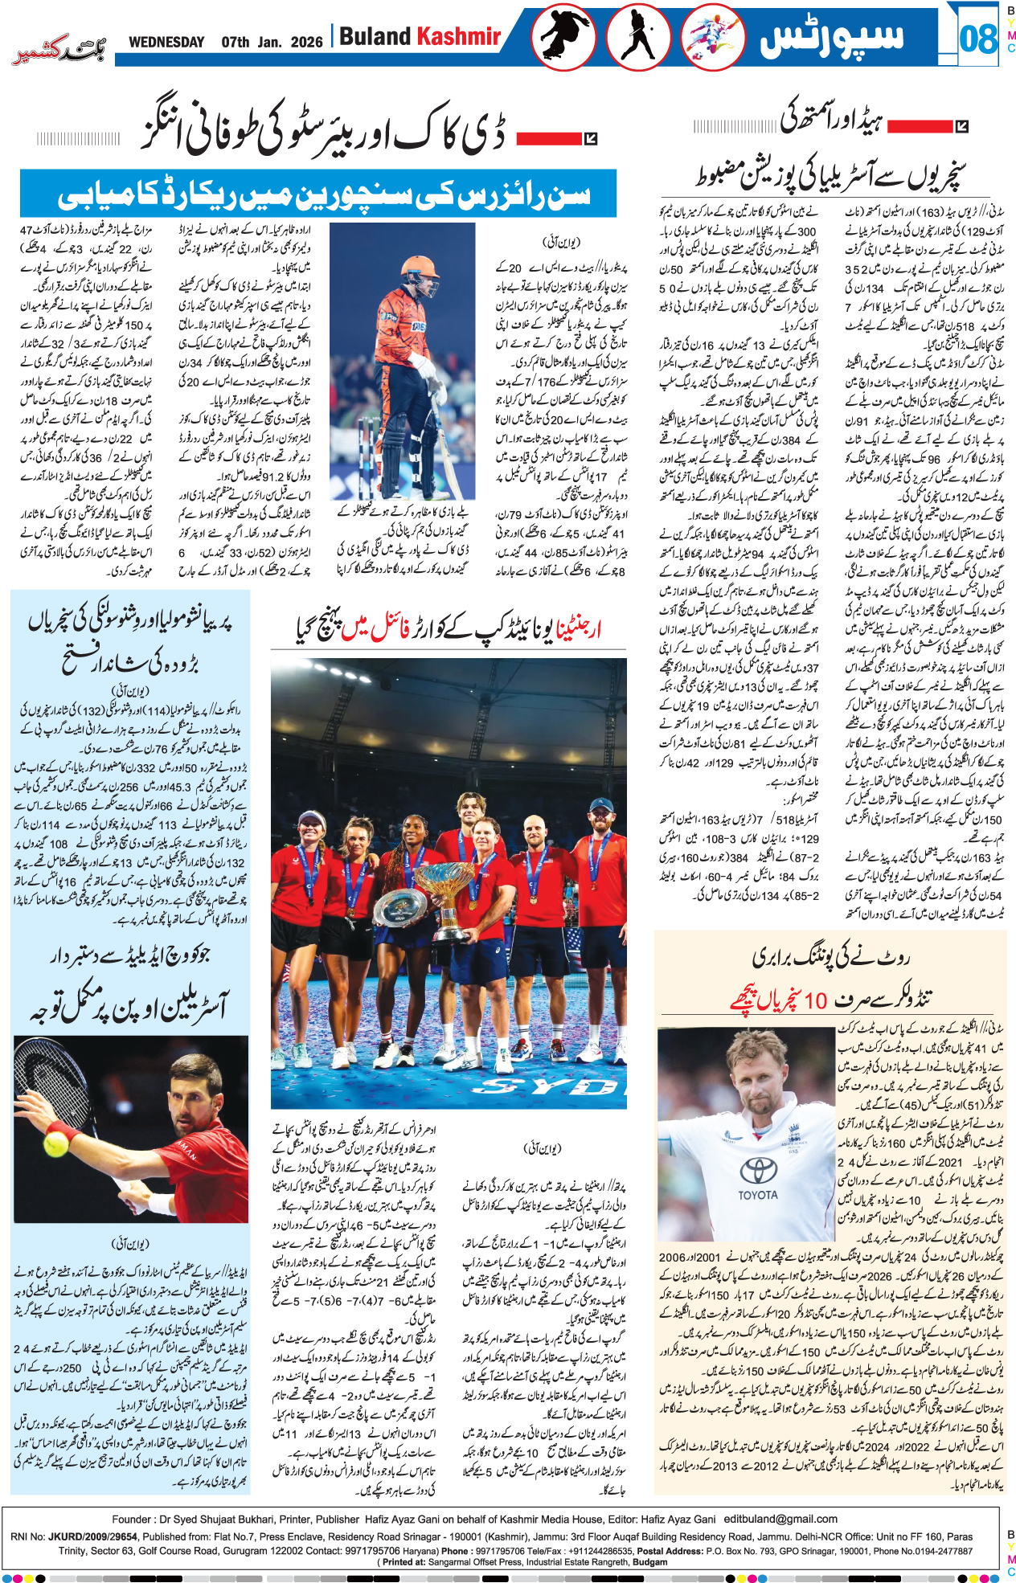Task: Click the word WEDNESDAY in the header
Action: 166,42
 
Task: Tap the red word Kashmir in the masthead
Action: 458,37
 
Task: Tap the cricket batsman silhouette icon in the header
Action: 638,38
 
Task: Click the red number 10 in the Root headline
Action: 815,1000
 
